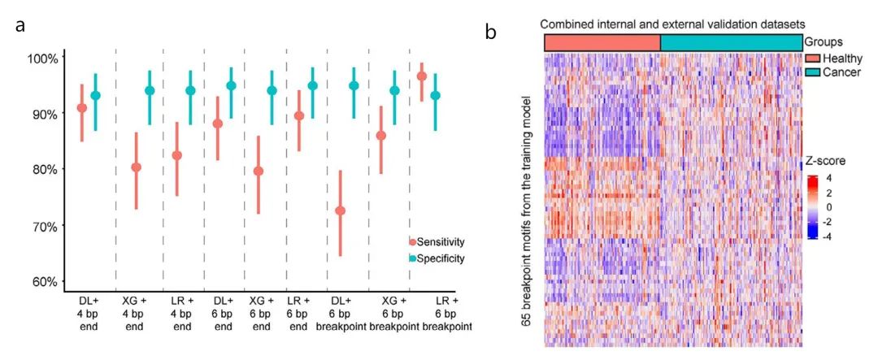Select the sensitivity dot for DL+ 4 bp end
click(81, 108)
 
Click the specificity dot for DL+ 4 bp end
click(95, 96)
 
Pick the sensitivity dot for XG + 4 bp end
click(136, 167)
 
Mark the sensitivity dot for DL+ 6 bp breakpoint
click(340, 210)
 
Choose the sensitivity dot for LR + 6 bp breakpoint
click(421, 76)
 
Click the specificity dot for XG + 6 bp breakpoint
click(395, 90)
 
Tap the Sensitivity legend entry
click(442, 241)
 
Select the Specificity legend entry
click(442, 258)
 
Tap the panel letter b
click(492, 32)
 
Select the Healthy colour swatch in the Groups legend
click(811, 59)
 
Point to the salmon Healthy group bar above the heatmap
click(602, 42)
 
